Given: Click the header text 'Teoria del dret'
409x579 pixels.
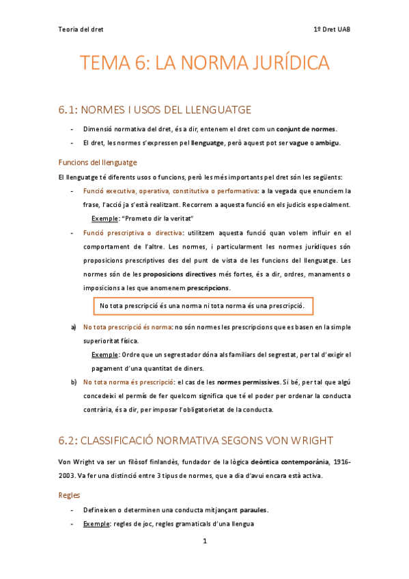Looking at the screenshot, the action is click(x=81, y=29).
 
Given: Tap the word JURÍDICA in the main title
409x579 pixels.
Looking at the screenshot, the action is click(x=281, y=64).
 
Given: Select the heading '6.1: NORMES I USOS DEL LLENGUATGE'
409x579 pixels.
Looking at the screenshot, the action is click(x=156, y=109).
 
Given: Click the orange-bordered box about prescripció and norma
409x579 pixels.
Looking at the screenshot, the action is click(x=203, y=305).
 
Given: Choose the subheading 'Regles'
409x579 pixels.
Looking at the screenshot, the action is click(x=71, y=494).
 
